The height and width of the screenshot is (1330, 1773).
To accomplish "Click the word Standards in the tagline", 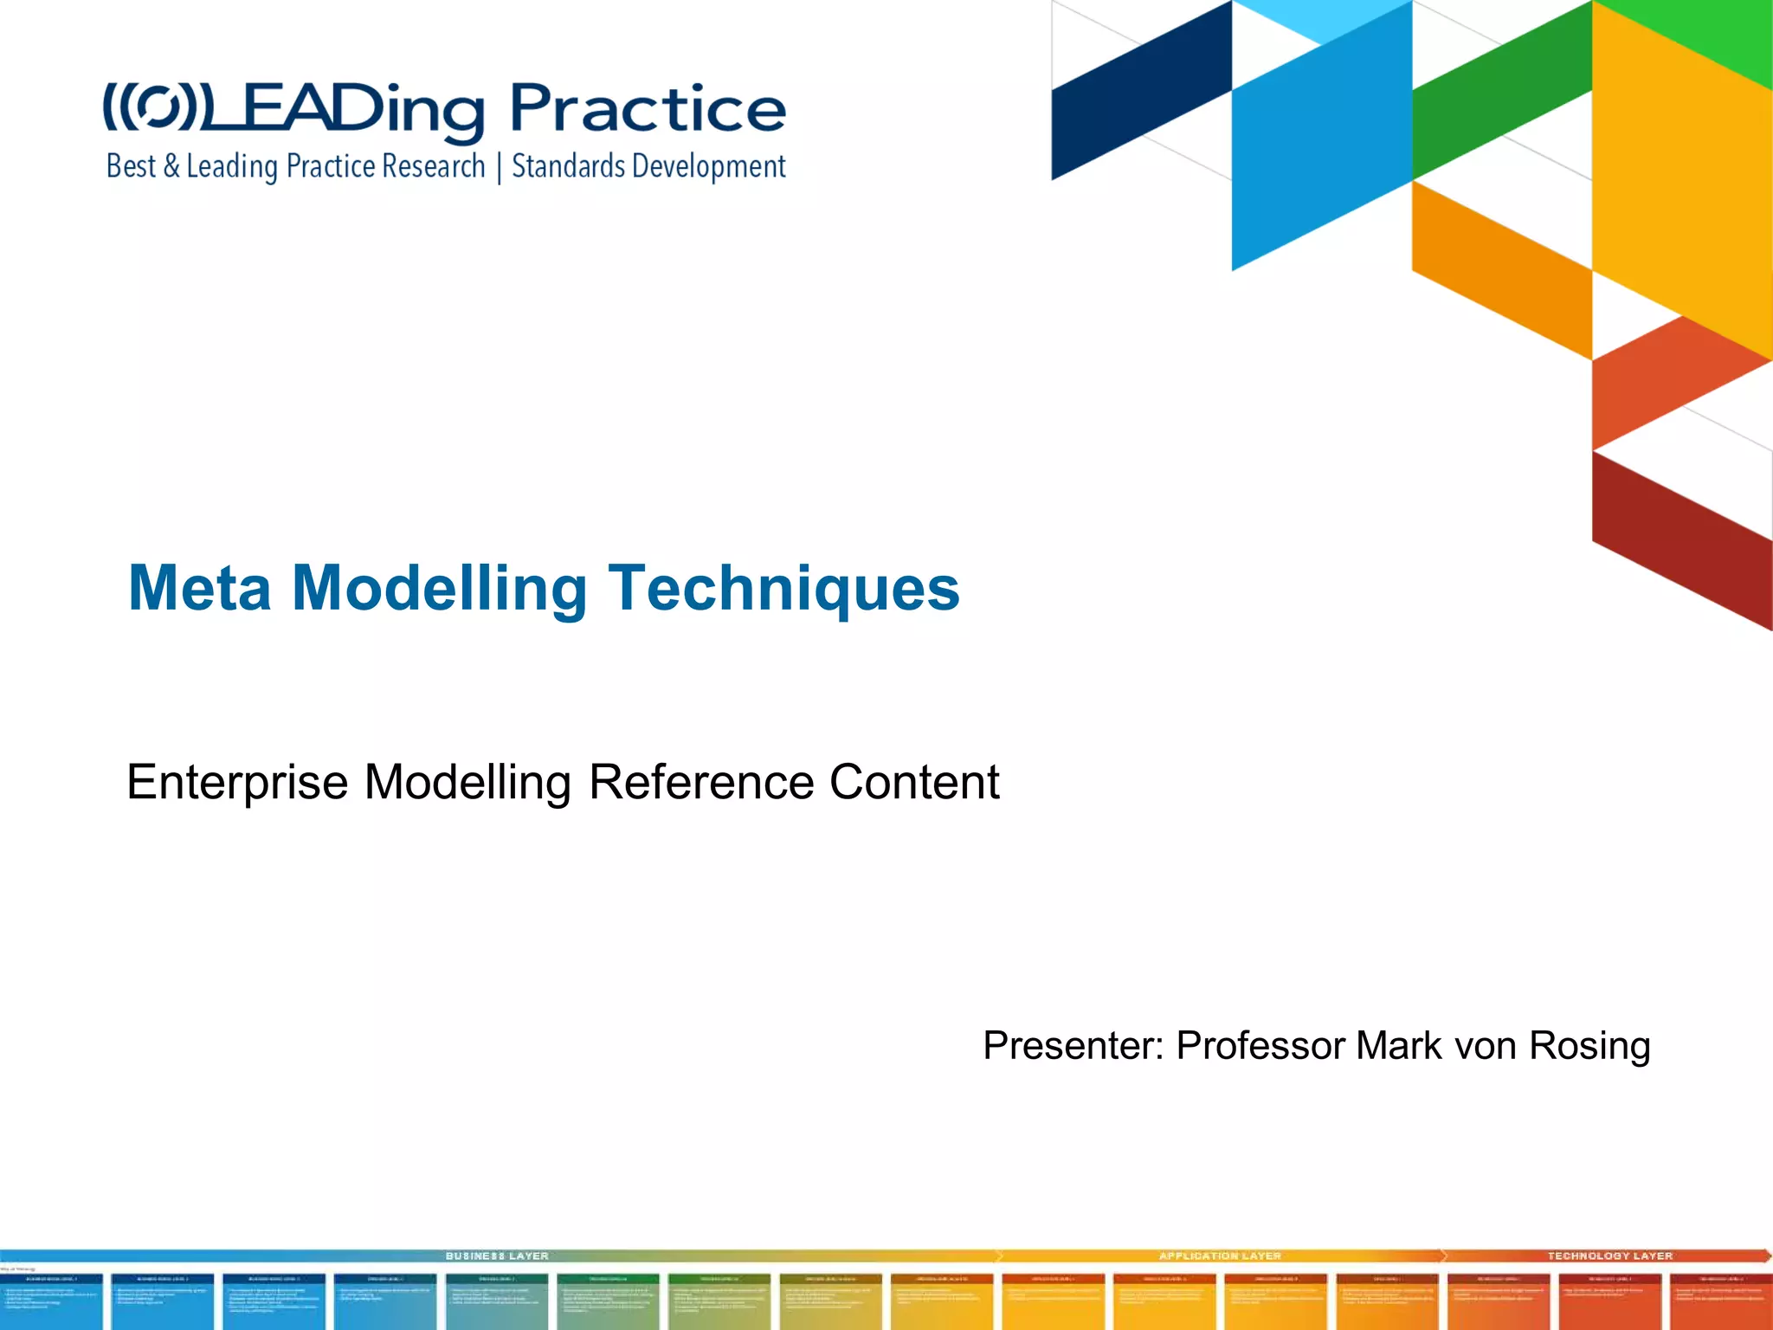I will point(568,165).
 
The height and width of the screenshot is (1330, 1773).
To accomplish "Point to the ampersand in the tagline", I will point(171,166).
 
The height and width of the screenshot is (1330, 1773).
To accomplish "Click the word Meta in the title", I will point(199,589).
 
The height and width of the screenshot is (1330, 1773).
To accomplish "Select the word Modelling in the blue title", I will point(440,589).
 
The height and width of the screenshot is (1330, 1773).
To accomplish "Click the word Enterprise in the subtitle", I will point(237,783).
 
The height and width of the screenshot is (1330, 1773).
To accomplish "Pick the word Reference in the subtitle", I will point(701,783).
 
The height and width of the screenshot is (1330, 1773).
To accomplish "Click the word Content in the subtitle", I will point(914,783).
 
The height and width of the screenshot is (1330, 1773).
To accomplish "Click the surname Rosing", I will point(1589,1046).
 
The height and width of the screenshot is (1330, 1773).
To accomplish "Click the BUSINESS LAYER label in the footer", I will point(497,1256).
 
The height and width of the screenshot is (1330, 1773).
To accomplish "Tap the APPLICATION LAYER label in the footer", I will point(1220,1256).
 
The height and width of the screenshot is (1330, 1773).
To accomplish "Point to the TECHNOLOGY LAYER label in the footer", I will point(1610,1256).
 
